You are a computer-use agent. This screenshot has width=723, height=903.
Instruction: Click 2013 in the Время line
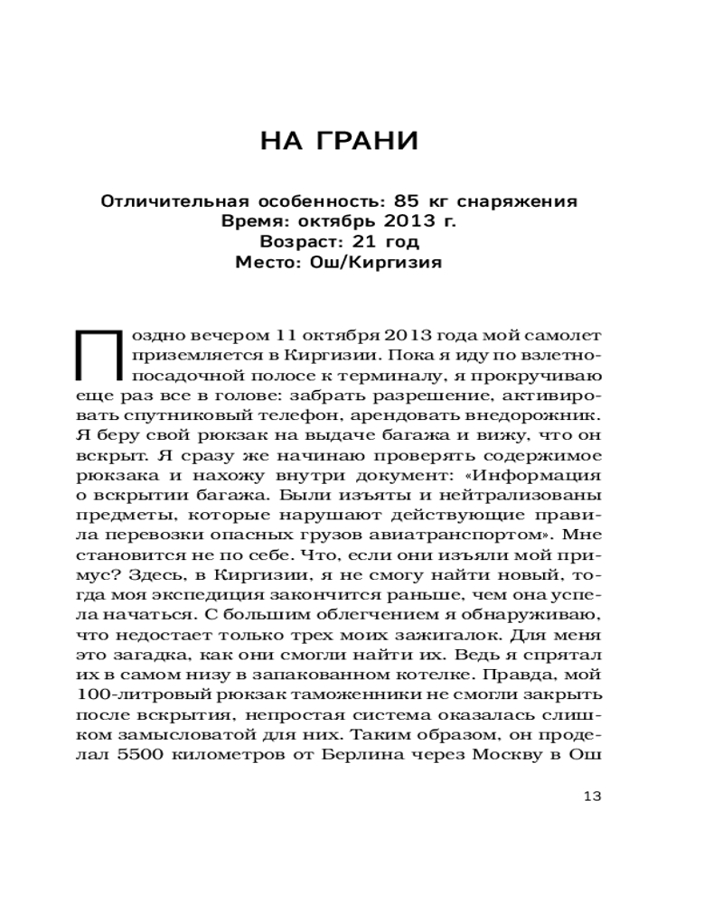point(399,221)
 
